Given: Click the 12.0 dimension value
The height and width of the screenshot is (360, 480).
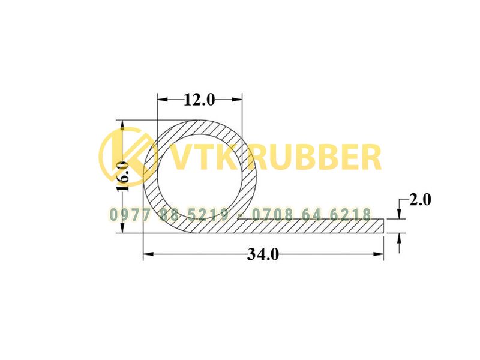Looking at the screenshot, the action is [x=199, y=100].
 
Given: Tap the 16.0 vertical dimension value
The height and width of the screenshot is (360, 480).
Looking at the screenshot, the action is [x=122, y=176].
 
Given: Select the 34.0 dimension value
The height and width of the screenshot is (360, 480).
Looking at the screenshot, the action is [x=263, y=254].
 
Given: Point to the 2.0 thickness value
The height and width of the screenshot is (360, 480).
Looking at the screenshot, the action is [x=420, y=200].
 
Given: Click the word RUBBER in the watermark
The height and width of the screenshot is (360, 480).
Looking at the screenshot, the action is [x=317, y=158].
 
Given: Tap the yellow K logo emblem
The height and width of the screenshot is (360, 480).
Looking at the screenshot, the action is [x=128, y=157].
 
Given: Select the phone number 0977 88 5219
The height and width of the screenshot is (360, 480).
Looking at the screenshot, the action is [x=169, y=215].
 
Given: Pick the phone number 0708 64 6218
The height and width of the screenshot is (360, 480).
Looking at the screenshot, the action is [x=311, y=215].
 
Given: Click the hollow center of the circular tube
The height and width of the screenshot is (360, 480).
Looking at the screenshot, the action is [x=200, y=176].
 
